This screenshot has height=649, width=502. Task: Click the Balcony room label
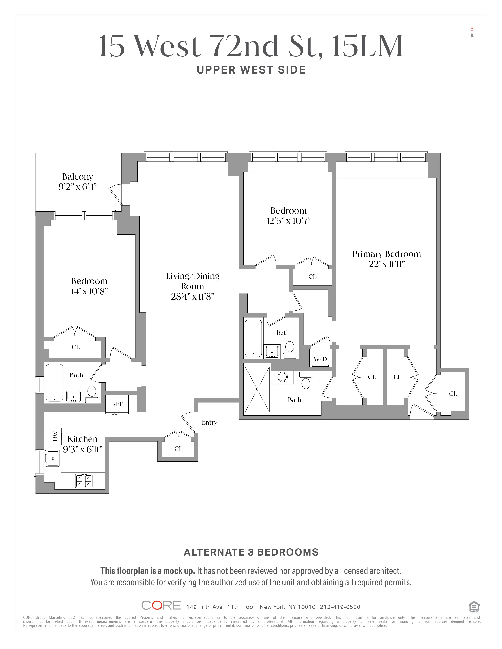pyautogui.click(x=77, y=177)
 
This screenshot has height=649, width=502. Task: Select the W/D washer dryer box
pyautogui.click(x=320, y=359)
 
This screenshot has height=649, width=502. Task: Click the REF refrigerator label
pyautogui.click(x=117, y=404)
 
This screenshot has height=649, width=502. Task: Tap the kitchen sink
pyautogui.click(x=53, y=458)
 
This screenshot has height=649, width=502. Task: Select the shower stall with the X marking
pyautogui.click(x=257, y=389)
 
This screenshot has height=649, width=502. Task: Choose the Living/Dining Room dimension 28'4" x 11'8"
pyautogui.click(x=192, y=297)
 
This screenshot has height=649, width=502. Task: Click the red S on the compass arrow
pyautogui.click(x=472, y=29)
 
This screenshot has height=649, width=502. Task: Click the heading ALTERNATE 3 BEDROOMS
pyautogui.click(x=251, y=552)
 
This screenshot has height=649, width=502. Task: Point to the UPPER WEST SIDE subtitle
pyautogui.click(x=251, y=70)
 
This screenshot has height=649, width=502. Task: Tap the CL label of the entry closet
pyautogui.click(x=178, y=449)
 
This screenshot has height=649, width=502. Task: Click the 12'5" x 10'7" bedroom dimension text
pyautogui.click(x=288, y=221)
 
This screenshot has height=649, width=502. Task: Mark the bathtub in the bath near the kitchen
pyautogui.click(x=54, y=383)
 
